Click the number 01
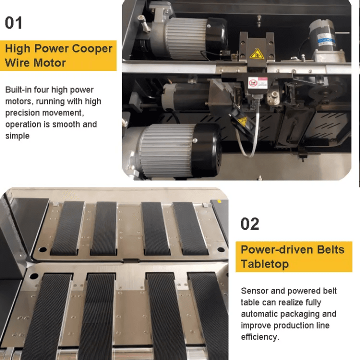[x=13, y=23]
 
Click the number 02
[x=250, y=224]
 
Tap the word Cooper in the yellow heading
[x=92, y=48]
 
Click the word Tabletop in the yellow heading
[x=264, y=264]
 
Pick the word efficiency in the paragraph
[x=260, y=337]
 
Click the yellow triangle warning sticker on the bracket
[x=256, y=54]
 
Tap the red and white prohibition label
[x=257, y=83]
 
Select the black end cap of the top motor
[x=216, y=36]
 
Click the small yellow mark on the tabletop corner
[x=219, y=201]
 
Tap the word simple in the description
[x=17, y=136]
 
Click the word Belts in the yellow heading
[x=330, y=249]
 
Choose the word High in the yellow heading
[x=17, y=49]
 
